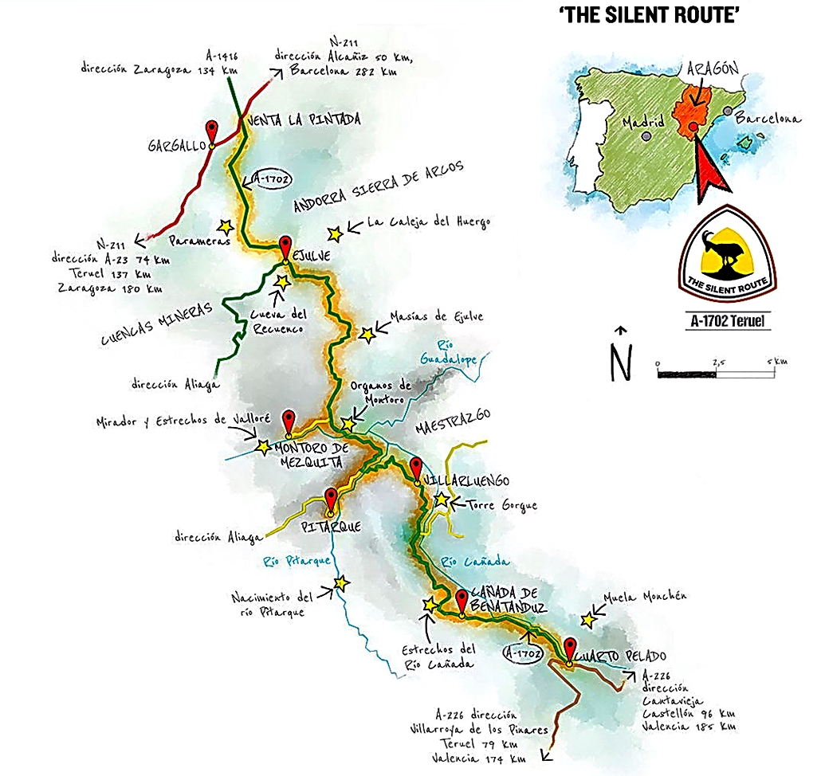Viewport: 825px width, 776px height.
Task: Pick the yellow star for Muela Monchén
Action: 587,618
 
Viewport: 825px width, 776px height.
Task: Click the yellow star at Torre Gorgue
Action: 441,499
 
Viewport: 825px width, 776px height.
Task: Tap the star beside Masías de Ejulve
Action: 367,335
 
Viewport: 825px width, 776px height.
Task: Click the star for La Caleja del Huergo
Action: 334,233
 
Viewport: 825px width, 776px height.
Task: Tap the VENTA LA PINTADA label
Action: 305,120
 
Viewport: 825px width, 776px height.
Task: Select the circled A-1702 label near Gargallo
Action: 269,177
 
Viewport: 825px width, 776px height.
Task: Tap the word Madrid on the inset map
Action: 643,123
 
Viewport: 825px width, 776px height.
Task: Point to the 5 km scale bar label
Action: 776,362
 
